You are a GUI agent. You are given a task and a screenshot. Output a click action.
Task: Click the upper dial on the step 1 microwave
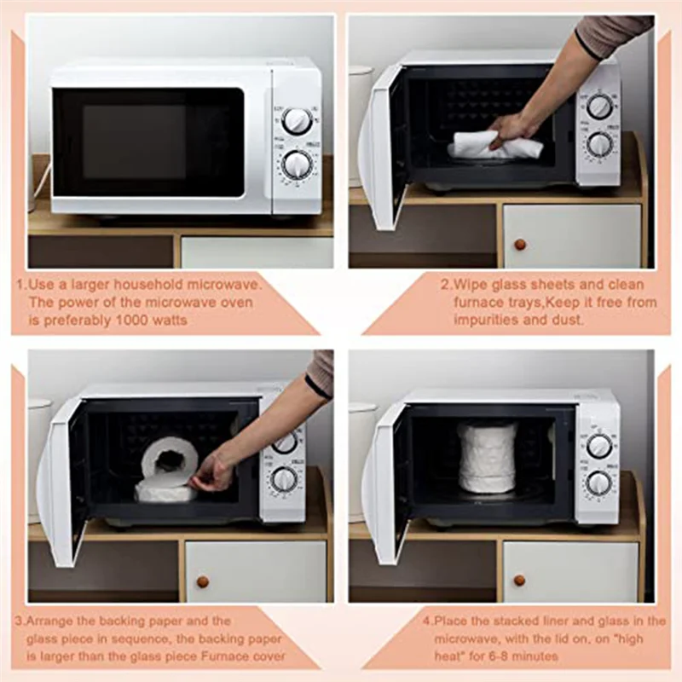296,120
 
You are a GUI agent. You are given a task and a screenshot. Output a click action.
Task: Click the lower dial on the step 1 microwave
298,165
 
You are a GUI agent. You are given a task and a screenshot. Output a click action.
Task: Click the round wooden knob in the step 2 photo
519,245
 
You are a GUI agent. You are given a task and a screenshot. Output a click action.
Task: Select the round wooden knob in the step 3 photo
202,581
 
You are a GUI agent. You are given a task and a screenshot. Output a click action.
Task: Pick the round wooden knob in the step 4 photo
519,580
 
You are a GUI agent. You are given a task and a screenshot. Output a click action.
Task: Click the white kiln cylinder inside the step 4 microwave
486,459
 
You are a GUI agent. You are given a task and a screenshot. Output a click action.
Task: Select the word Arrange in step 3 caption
50,621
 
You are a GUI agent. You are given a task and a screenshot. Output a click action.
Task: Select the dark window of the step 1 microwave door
147,142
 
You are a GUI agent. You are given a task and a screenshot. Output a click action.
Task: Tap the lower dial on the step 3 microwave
285,481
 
